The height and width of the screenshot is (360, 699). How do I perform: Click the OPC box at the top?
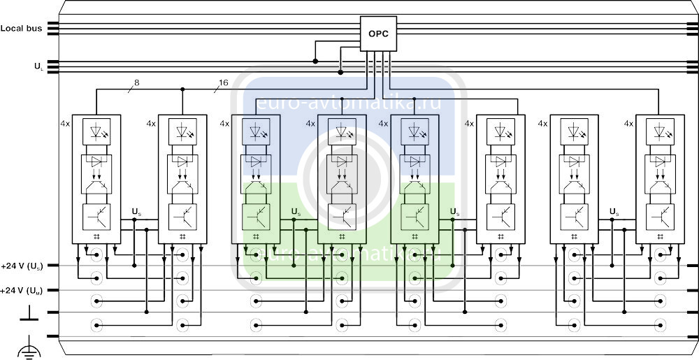click(378, 34)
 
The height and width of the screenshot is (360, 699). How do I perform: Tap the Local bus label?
click(21, 29)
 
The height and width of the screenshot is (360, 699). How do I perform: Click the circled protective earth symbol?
click(28, 347)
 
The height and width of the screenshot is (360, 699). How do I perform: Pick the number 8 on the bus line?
click(136, 82)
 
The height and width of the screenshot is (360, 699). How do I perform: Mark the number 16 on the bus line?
click(223, 82)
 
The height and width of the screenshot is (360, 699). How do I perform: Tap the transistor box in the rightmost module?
click(660, 217)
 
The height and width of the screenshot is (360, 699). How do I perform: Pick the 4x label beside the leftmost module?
click(65, 123)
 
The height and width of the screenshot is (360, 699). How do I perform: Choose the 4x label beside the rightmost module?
click(628, 123)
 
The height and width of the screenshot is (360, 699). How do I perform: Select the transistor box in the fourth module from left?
click(341, 217)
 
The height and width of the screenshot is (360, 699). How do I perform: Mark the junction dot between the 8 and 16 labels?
click(182, 89)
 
